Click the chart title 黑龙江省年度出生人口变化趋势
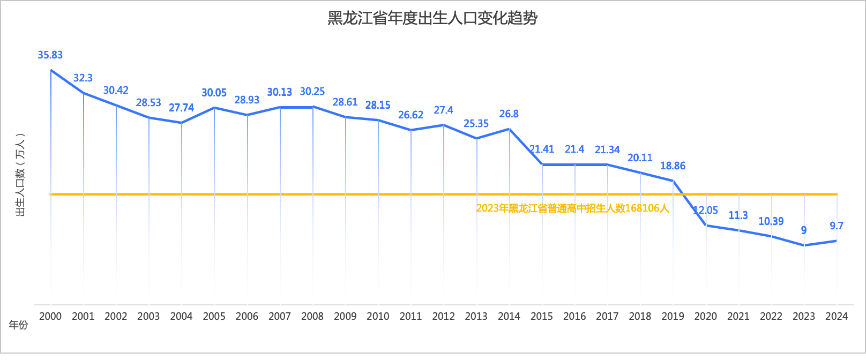point(432,18)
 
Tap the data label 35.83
point(50,55)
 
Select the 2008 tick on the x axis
point(312,316)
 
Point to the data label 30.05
point(214,93)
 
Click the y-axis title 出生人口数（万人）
point(20,175)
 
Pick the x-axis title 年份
point(19,325)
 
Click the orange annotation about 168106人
point(572,208)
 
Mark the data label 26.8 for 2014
point(509,114)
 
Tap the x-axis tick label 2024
point(837,316)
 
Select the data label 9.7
point(837,226)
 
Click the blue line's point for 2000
point(51,70)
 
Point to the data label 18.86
point(673,166)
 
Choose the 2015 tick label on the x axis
point(542,316)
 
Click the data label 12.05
point(706,211)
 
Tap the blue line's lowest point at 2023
point(804,245)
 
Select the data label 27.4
point(443,110)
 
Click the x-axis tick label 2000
point(50,316)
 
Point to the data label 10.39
point(771,221)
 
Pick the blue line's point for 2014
point(510,129)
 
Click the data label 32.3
point(83,78)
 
